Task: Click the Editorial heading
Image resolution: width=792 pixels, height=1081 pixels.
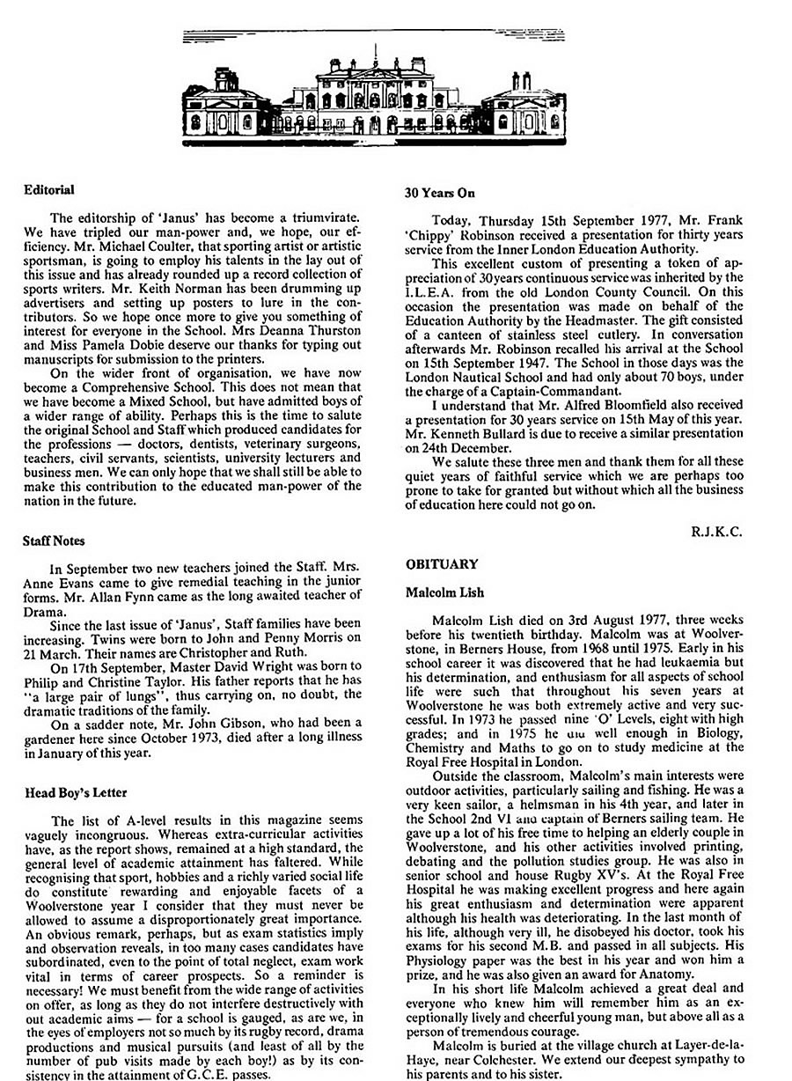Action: pyautogui.click(x=49, y=189)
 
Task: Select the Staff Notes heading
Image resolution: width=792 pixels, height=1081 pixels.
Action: pyautogui.click(x=55, y=540)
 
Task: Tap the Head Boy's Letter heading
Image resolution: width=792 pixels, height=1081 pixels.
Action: pyautogui.click(x=72, y=792)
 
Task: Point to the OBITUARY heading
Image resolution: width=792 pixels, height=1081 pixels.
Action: pyautogui.click(x=442, y=563)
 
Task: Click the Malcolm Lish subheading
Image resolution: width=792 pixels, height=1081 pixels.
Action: pyautogui.click(x=445, y=592)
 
